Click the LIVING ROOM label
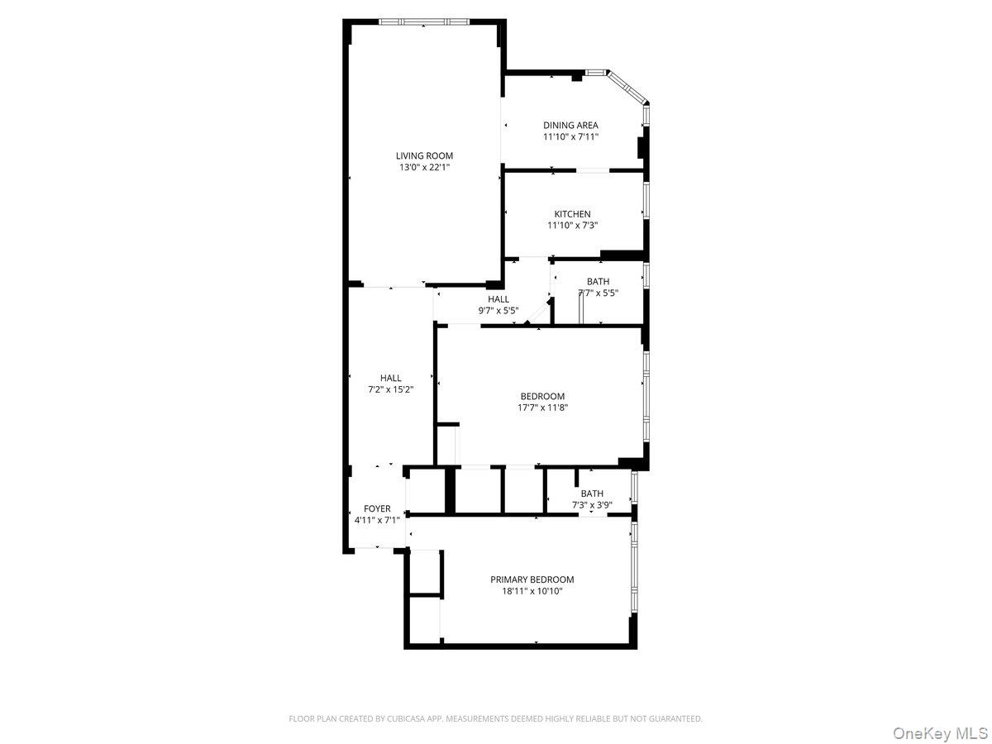pyautogui.click(x=424, y=155)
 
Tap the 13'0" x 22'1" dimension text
pyautogui.click(x=424, y=167)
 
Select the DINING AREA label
pyautogui.click(x=570, y=126)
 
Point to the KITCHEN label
pyautogui.click(x=572, y=214)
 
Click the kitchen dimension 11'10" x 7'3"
pyautogui.click(x=572, y=225)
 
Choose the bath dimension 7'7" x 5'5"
pyautogui.click(x=598, y=293)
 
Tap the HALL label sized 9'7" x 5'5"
pyautogui.click(x=498, y=299)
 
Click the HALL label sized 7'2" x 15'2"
pyautogui.click(x=390, y=378)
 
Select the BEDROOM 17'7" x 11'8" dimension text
pyautogui.click(x=542, y=407)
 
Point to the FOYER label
pyautogui.click(x=377, y=508)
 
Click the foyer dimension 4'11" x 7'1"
pyautogui.click(x=377, y=520)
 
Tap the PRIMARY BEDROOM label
pyautogui.click(x=532, y=579)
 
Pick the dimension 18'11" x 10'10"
pyautogui.click(x=532, y=591)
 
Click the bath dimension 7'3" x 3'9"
pyautogui.click(x=592, y=505)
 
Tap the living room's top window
pyautogui.click(x=424, y=21)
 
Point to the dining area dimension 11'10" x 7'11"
pyautogui.click(x=570, y=137)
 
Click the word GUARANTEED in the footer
pyautogui.click(x=675, y=719)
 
